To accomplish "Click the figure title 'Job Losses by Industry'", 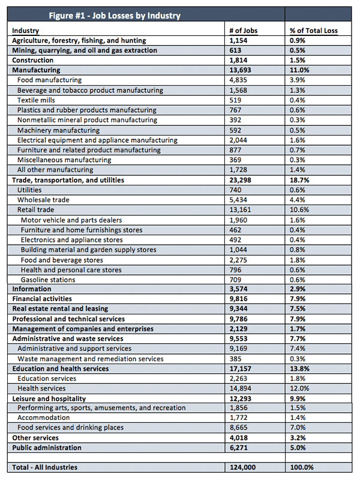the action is pyautogui.click(x=136, y=16).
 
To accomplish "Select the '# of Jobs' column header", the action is pyautogui.click(x=244, y=31).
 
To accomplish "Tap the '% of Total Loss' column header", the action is pyautogui.click(x=314, y=31).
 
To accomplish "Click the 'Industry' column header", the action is pyautogui.click(x=26, y=31).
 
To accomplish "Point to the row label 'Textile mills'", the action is pyautogui.click(x=36, y=100).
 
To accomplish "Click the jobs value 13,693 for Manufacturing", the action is pyautogui.click(x=241, y=70).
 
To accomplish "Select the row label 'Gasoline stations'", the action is pyautogui.click(x=48, y=280).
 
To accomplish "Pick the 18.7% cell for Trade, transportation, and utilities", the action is pyautogui.click(x=299, y=180).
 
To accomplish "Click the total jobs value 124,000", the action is pyautogui.click(x=243, y=467).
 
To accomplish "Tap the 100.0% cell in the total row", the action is pyautogui.click(x=302, y=467).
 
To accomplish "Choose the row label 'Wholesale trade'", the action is pyautogui.click(x=43, y=200).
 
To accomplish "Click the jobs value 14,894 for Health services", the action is pyautogui.click(x=241, y=388).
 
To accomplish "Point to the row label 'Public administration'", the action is pyautogui.click(x=47, y=448).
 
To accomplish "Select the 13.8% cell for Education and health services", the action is pyautogui.click(x=299, y=368).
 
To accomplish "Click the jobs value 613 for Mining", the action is pyautogui.click(x=235, y=50).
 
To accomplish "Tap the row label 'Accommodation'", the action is pyautogui.click(x=44, y=418).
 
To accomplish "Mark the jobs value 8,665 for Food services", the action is pyautogui.click(x=239, y=428).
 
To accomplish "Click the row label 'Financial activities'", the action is pyautogui.click(x=42, y=299).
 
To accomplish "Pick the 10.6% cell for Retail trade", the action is pyautogui.click(x=299, y=209).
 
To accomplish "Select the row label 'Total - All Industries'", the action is pyautogui.click(x=44, y=467).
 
